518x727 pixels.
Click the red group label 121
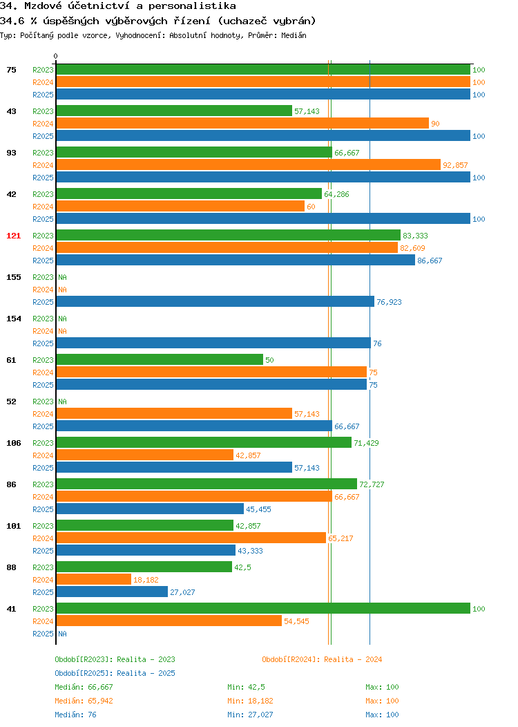tap(13, 236)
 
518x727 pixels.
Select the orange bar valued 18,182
tap(94, 579)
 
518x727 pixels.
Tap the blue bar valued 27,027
tap(112, 592)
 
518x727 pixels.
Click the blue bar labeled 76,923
tap(215, 301)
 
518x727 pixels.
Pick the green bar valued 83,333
tap(229, 235)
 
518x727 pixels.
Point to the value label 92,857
tap(455, 165)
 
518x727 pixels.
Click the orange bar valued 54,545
tap(169, 621)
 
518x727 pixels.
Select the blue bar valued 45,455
tap(150, 509)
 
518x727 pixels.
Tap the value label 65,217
tap(340, 538)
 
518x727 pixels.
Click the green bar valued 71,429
tap(204, 442)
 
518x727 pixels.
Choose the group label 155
tap(13, 277)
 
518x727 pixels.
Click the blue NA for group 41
tap(63, 633)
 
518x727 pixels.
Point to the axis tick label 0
tap(56, 56)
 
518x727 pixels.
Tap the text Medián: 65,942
tap(84, 701)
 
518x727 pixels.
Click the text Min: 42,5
tap(246, 687)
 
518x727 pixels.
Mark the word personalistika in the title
tap(192, 6)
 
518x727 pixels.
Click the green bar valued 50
tap(160, 359)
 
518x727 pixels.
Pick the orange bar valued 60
tap(181, 206)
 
